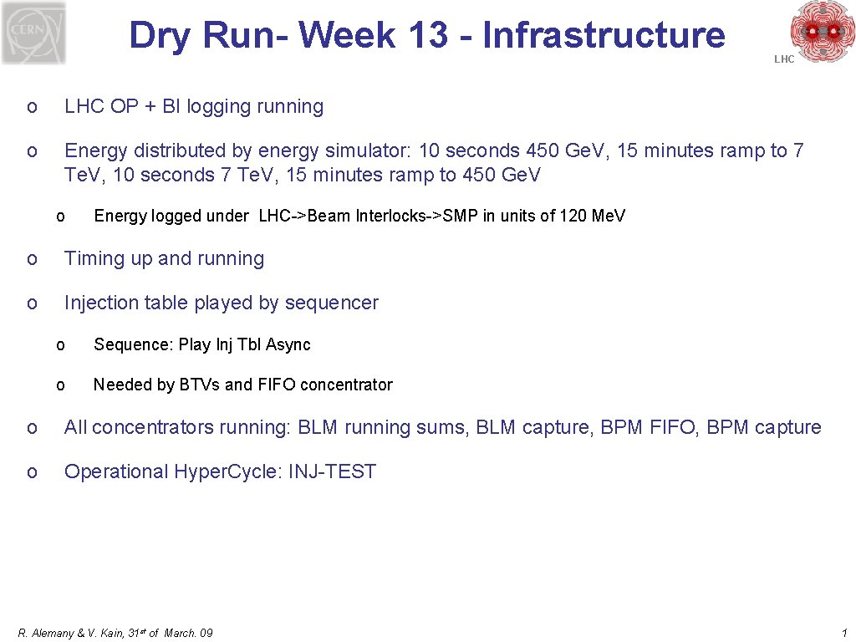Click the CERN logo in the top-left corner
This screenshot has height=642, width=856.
click(33, 33)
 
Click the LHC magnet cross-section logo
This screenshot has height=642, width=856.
click(823, 31)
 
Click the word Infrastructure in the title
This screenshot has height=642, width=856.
click(604, 35)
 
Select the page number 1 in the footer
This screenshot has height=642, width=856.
click(845, 633)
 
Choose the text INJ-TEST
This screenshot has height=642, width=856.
click(332, 471)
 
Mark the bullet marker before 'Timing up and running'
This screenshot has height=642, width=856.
click(31, 260)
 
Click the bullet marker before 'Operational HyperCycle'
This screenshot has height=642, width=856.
click(31, 472)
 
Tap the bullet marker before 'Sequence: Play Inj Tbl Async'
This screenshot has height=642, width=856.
click(60, 345)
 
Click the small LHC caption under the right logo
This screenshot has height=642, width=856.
click(784, 59)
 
